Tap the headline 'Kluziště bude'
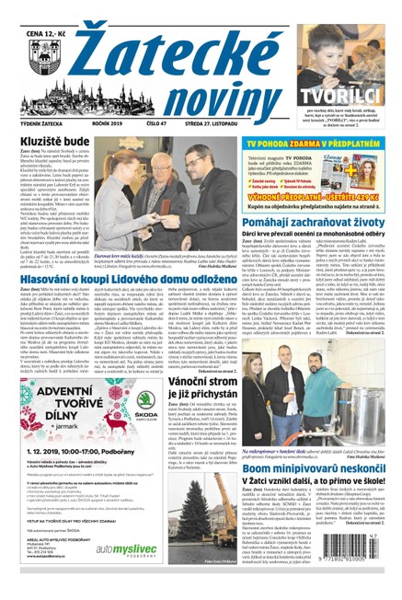coord(53,143)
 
